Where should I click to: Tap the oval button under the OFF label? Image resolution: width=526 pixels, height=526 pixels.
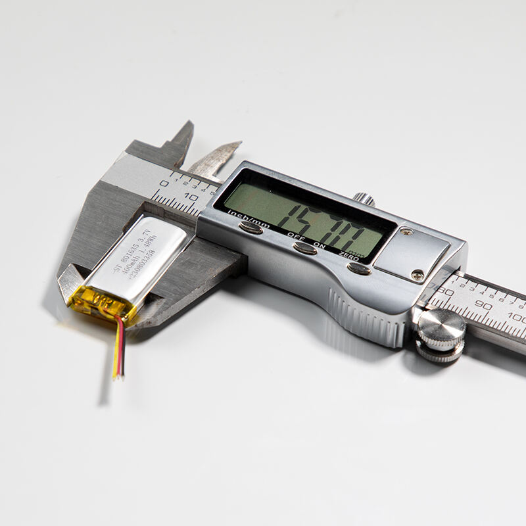point(304,249)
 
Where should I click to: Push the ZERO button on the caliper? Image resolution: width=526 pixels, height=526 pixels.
point(358,268)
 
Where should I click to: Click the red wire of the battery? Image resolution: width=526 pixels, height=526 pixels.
point(119,348)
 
